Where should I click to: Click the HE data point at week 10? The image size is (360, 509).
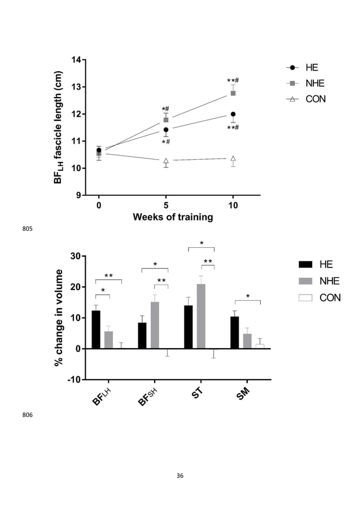233,114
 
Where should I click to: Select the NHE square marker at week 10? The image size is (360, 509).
233,93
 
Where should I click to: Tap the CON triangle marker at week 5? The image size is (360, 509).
166,161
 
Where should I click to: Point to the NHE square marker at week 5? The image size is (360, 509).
166,120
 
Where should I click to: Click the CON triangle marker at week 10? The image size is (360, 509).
233,159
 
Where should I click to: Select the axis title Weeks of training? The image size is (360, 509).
173,217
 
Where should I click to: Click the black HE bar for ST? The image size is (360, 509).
188,327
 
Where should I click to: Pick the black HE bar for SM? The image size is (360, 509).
235,332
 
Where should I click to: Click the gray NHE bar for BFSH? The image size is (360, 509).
155,325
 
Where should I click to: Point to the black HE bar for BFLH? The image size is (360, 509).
96,330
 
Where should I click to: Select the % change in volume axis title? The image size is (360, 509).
59,317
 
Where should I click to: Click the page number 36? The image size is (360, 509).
180,476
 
